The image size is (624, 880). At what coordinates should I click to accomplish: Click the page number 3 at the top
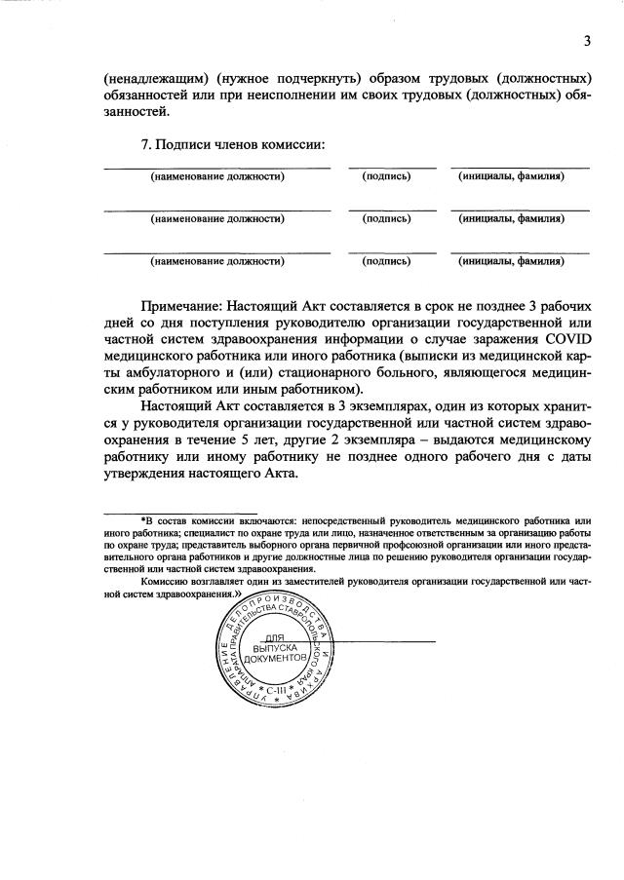tap(587, 40)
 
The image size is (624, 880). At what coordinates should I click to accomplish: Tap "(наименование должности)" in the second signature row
tap(216, 219)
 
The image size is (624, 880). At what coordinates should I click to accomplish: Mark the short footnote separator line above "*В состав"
tap(180, 513)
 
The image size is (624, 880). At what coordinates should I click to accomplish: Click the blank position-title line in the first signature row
tap(216, 168)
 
